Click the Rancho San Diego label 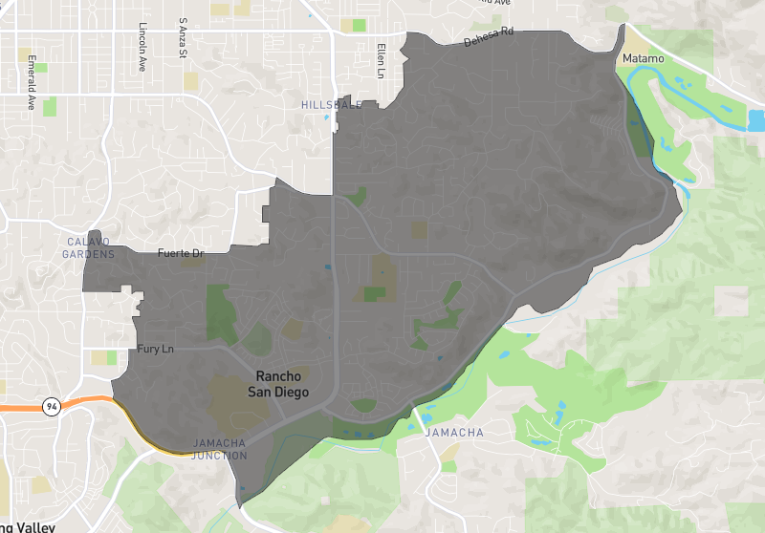click(278, 383)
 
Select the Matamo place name click(643, 59)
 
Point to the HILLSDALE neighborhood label click(331, 104)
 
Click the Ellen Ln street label click(381, 60)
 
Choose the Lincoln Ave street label click(142, 49)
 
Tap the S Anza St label click(183, 35)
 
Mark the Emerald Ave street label click(32, 84)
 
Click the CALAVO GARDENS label click(88, 247)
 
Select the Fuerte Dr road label click(181, 253)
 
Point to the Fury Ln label click(156, 350)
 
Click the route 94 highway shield click(50, 407)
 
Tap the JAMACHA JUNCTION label click(220, 449)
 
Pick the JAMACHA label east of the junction click(453, 433)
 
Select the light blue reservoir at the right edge click(756, 121)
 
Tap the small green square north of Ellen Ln click(359, 25)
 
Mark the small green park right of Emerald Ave click(49, 106)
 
